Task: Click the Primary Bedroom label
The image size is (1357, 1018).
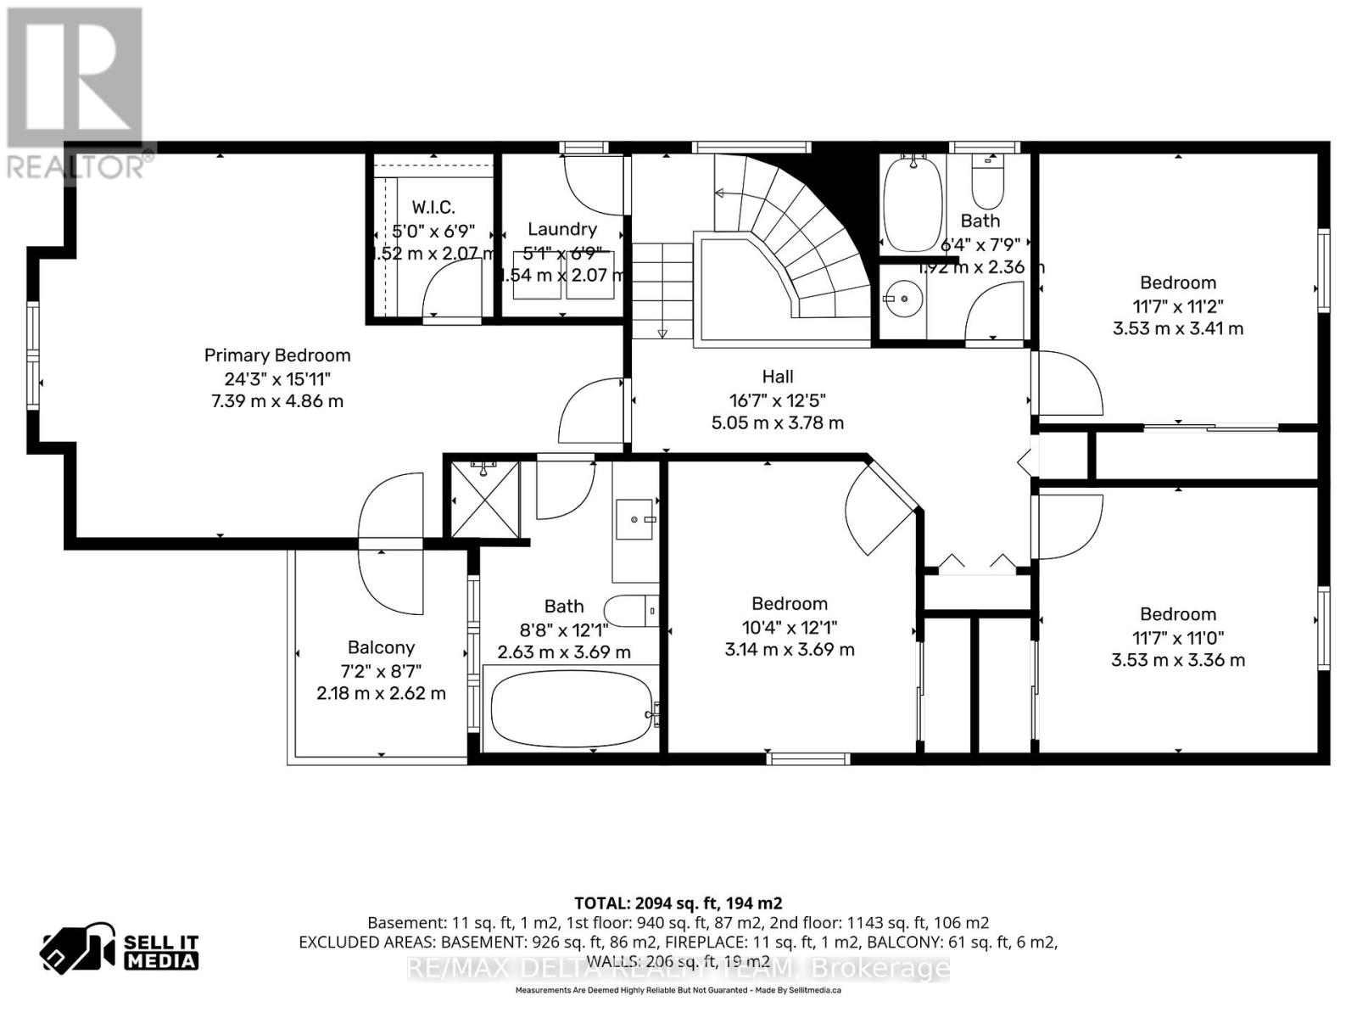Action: tap(276, 355)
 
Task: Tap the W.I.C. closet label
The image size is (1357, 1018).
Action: tap(433, 207)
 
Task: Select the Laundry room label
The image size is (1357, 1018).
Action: tap(561, 229)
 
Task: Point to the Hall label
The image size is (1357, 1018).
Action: tap(777, 377)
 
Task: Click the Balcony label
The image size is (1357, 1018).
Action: tap(381, 647)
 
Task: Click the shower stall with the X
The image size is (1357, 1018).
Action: tap(485, 500)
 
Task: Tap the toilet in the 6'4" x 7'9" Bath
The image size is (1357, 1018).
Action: tap(987, 182)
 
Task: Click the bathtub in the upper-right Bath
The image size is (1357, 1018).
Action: tap(912, 204)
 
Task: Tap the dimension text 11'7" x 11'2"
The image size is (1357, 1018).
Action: tap(1177, 305)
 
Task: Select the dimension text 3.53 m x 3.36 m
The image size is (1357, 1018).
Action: tap(1177, 660)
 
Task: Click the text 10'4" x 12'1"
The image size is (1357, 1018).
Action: tap(789, 627)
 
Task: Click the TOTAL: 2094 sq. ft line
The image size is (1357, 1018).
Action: tap(678, 903)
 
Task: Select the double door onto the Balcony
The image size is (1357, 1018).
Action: tap(390, 544)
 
